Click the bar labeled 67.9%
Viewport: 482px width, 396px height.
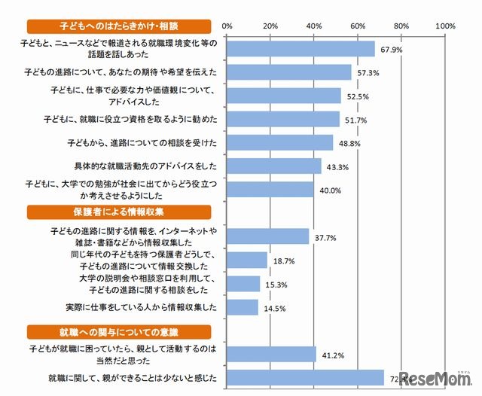(300, 48)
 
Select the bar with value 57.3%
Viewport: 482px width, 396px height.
(289, 72)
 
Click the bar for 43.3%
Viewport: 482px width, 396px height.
(274, 166)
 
